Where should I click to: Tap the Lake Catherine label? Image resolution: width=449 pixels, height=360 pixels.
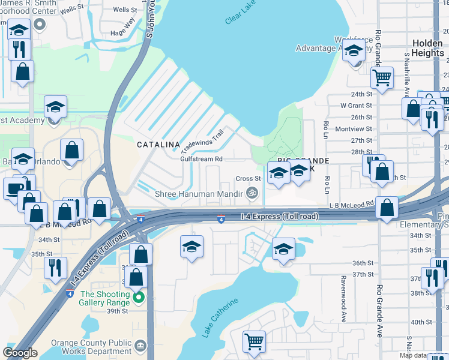(220, 317)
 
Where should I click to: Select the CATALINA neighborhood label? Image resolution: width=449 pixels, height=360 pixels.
(158, 145)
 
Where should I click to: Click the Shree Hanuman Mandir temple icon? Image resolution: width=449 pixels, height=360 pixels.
(252, 193)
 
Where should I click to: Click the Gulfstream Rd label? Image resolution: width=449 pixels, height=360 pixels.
(202, 159)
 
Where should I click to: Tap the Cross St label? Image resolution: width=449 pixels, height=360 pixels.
(248, 178)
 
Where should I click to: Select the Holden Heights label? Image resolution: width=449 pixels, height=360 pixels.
(428, 48)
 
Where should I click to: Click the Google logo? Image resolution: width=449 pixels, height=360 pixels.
(20, 353)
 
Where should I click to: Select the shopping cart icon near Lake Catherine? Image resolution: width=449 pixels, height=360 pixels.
(254, 341)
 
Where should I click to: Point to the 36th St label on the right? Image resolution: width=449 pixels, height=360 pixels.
(363, 263)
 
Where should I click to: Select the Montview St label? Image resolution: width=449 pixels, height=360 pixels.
(354, 129)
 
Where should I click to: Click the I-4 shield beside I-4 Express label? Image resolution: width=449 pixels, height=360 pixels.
(221, 220)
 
